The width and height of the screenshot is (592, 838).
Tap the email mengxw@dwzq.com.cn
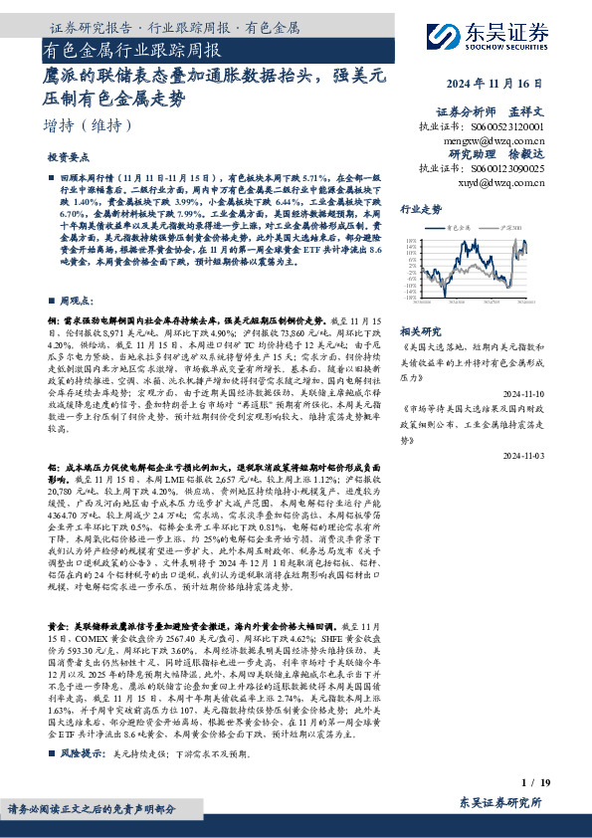493,141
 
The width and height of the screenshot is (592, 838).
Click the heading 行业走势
421,210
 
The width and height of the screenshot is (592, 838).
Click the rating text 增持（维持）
90,126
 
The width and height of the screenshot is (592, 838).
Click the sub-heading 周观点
77,300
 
